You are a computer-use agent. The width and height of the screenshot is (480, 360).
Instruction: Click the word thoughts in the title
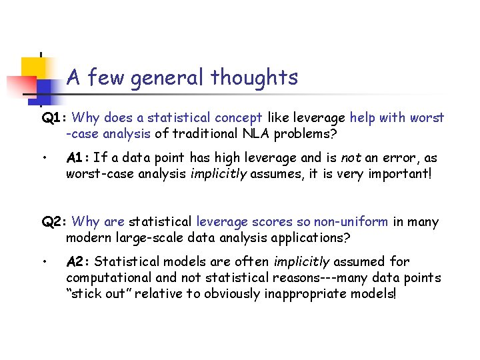point(254,78)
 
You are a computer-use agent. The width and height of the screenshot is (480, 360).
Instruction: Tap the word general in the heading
point(169,78)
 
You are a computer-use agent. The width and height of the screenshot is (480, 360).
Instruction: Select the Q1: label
point(53,118)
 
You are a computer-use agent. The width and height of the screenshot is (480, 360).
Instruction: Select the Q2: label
point(53,222)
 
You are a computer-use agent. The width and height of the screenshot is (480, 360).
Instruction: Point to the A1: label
point(78,158)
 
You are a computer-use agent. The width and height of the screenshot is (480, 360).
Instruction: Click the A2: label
point(79,262)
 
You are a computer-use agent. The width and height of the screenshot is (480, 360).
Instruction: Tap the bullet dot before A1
point(43,159)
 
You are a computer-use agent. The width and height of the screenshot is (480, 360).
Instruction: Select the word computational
point(106,278)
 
